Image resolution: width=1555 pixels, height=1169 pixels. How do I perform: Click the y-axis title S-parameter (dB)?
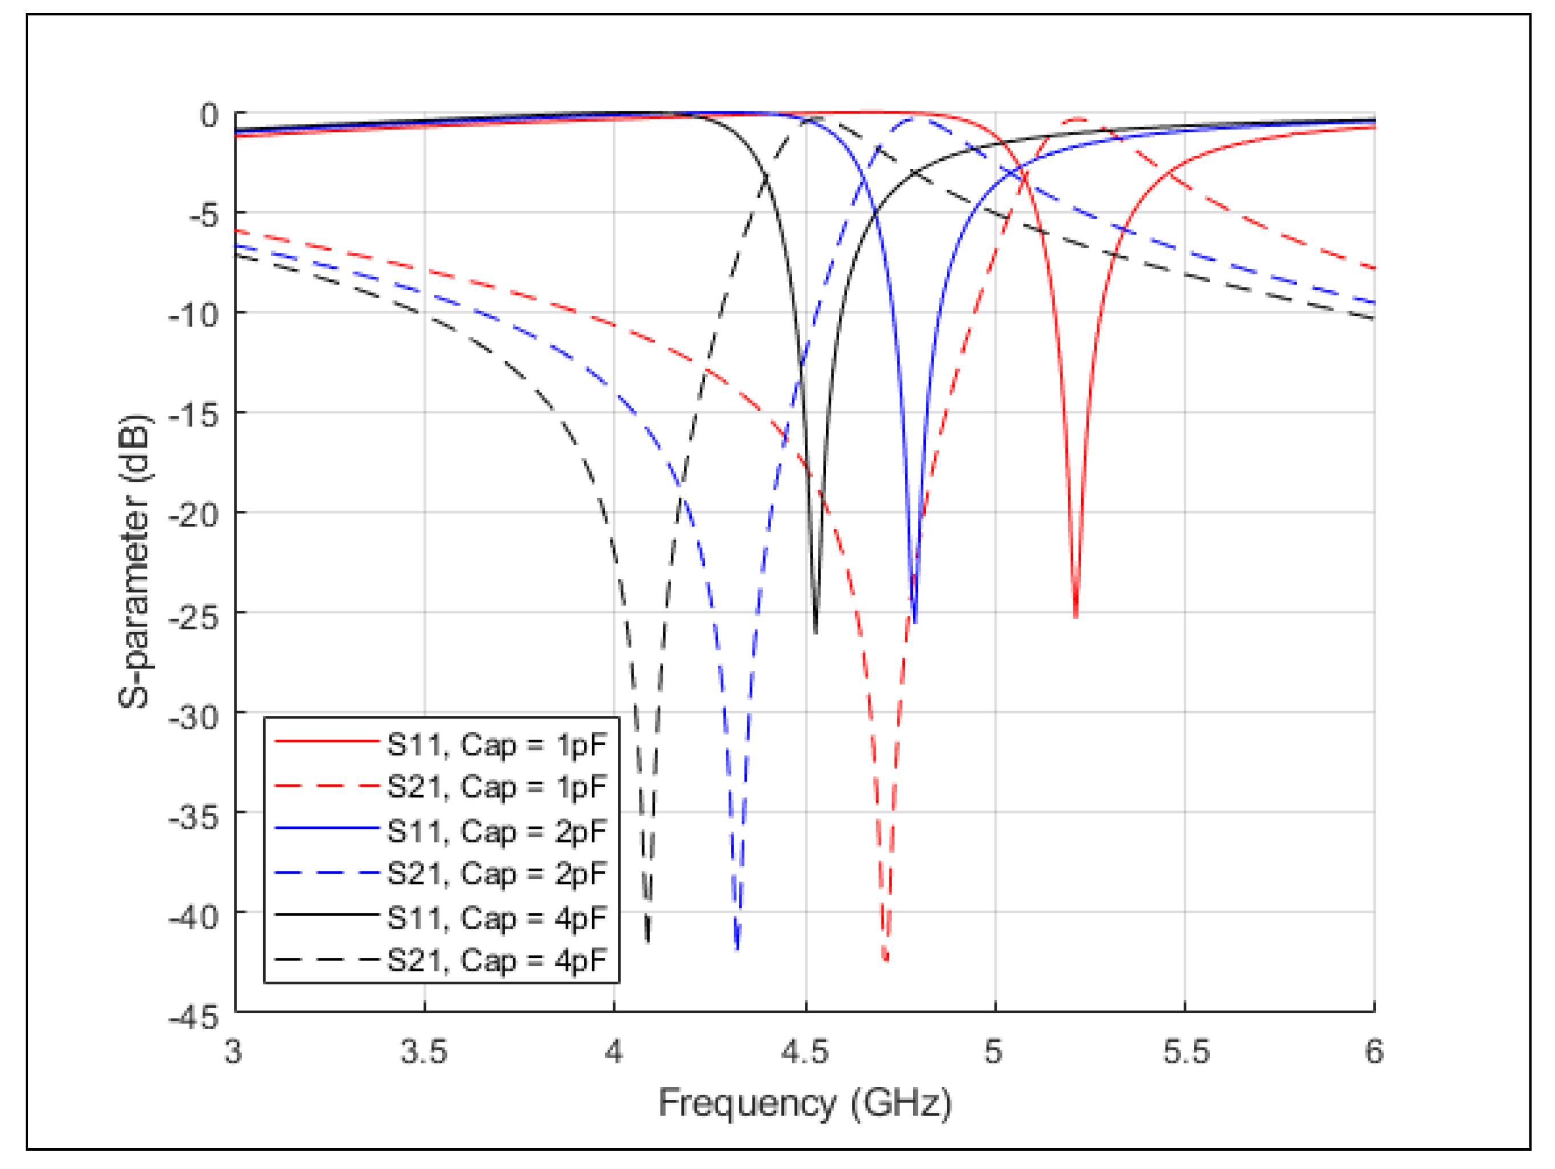134,561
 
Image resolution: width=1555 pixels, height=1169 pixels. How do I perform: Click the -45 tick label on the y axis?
194,1017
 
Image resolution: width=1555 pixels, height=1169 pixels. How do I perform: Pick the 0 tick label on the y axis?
209,115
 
